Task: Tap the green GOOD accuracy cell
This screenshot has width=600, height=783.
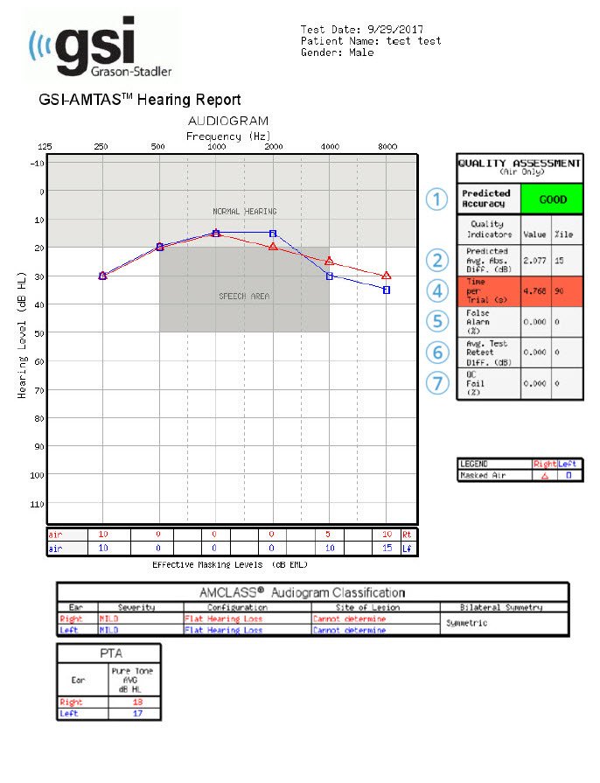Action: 552,199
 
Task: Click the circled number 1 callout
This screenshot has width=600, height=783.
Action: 437,199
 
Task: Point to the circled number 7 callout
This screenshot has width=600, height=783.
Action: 437,383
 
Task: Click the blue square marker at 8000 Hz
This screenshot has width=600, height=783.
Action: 387,290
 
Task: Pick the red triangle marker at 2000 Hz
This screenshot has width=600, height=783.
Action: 273,247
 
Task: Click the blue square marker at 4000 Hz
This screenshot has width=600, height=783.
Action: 330,276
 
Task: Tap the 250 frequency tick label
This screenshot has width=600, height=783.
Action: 101,146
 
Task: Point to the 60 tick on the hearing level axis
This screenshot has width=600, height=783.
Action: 37,360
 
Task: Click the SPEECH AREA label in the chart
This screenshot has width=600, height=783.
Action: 244,297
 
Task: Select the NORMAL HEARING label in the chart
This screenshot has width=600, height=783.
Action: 245,212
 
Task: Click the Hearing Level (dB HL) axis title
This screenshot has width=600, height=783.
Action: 21,334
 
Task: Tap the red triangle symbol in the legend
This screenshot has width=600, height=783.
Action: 546,476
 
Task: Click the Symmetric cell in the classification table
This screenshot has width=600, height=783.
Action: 472,624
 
